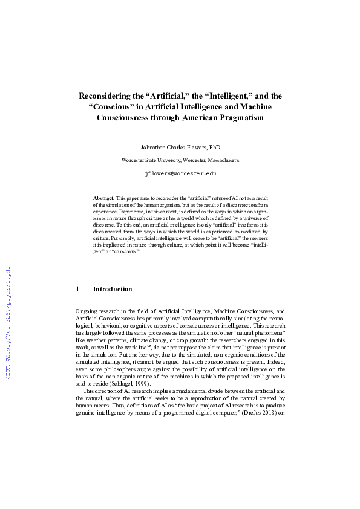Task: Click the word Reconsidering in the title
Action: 106,96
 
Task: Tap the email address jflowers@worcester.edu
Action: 180,173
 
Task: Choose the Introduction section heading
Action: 112,290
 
